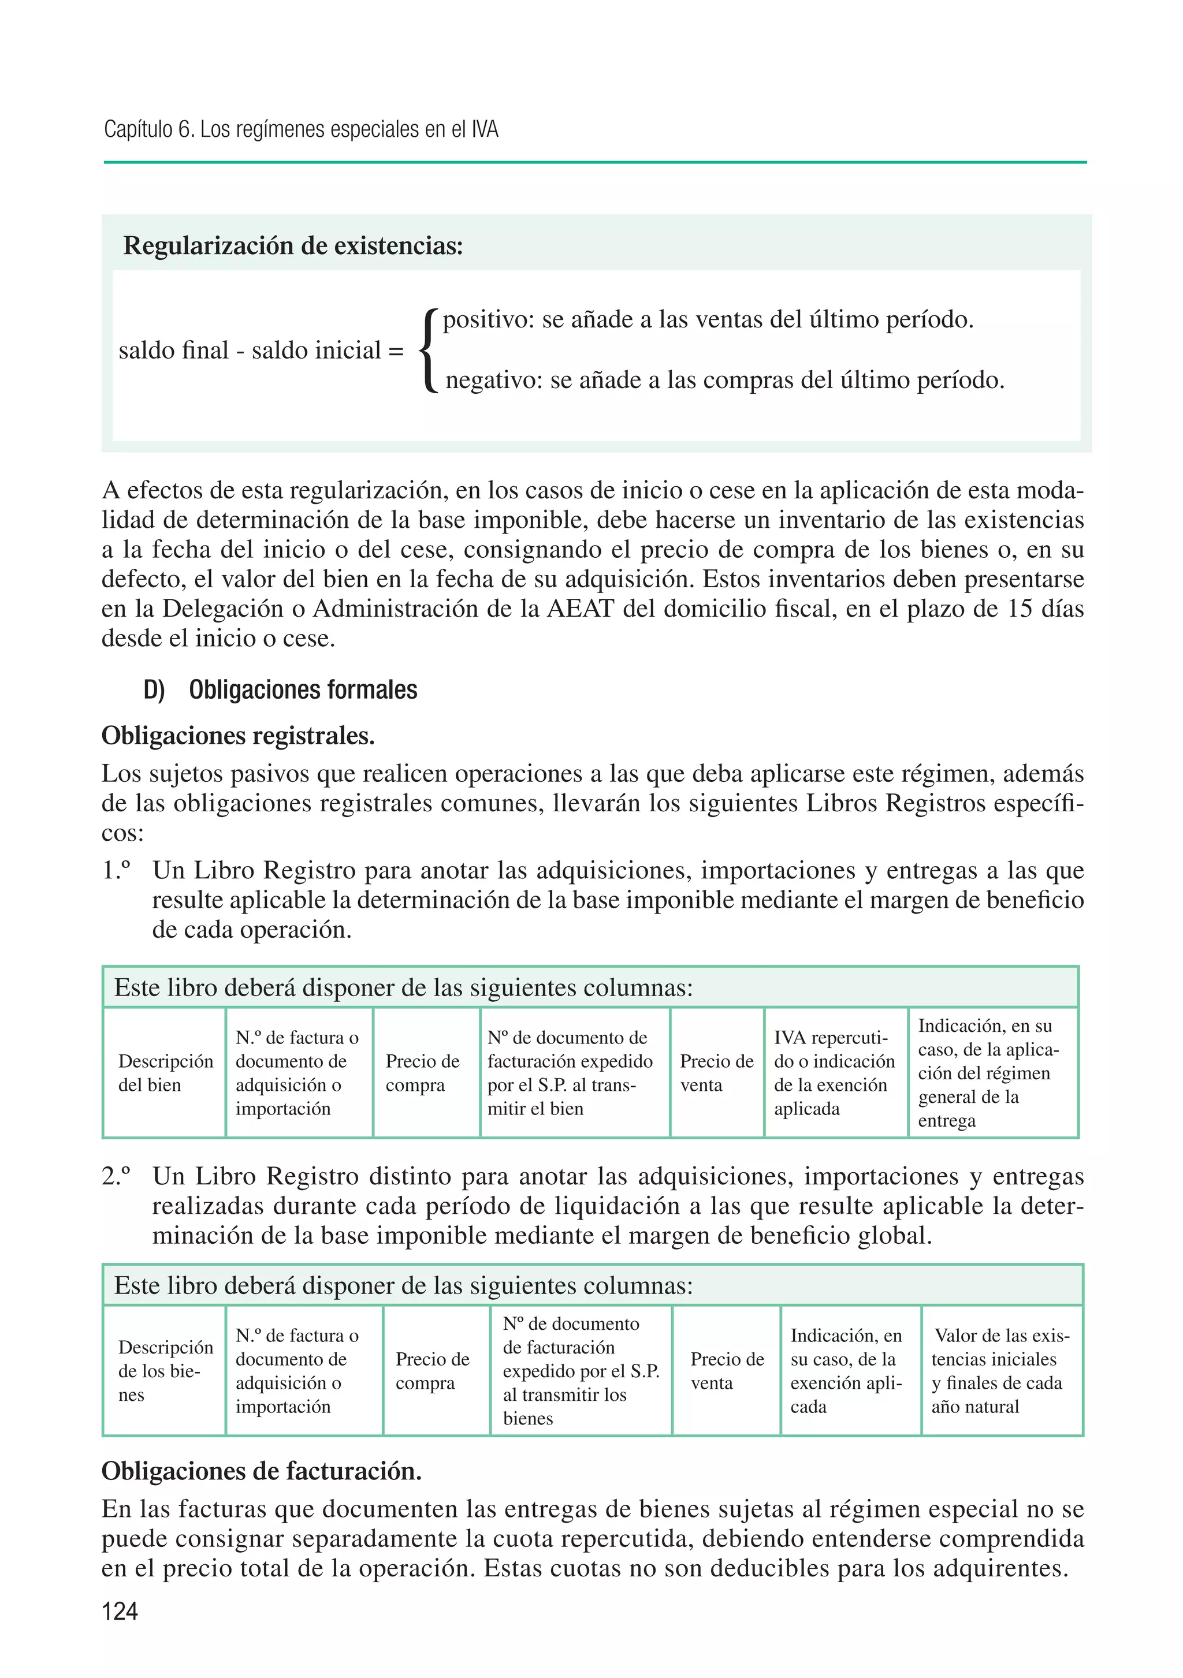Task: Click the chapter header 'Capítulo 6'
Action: (x=149, y=129)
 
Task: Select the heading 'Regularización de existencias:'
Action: (x=293, y=245)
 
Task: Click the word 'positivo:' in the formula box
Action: (x=489, y=319)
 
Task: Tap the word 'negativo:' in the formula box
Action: (x=493, y=380)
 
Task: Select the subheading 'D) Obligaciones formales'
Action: (x=281, y=690)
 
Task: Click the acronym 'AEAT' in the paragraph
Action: (x=581, y=608)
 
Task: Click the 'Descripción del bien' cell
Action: (x=165, y=1073)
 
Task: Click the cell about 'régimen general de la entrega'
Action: (x=991, y=1073)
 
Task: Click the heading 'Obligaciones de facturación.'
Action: (x=262, y=1471)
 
